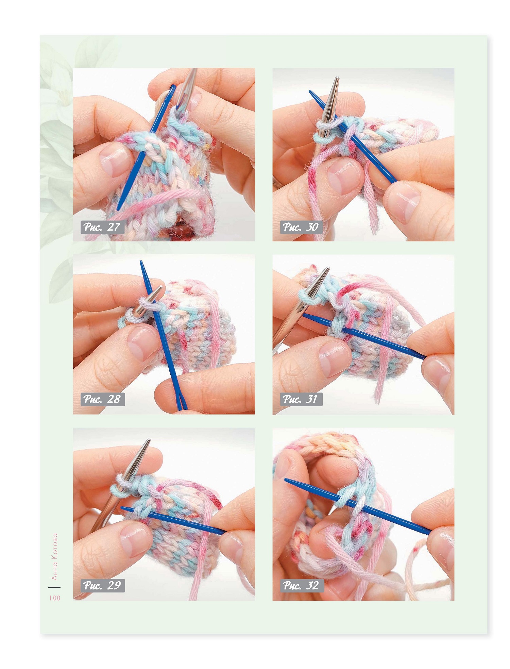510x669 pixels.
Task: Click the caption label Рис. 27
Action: (102, 227)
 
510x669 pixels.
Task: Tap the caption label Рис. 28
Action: (102, 399)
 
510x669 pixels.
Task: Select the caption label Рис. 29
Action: (102, 585)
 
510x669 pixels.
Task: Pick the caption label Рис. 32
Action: (302, 585)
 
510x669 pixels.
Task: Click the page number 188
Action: (55, 598)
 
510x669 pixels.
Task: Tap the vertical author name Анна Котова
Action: (54, 557)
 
